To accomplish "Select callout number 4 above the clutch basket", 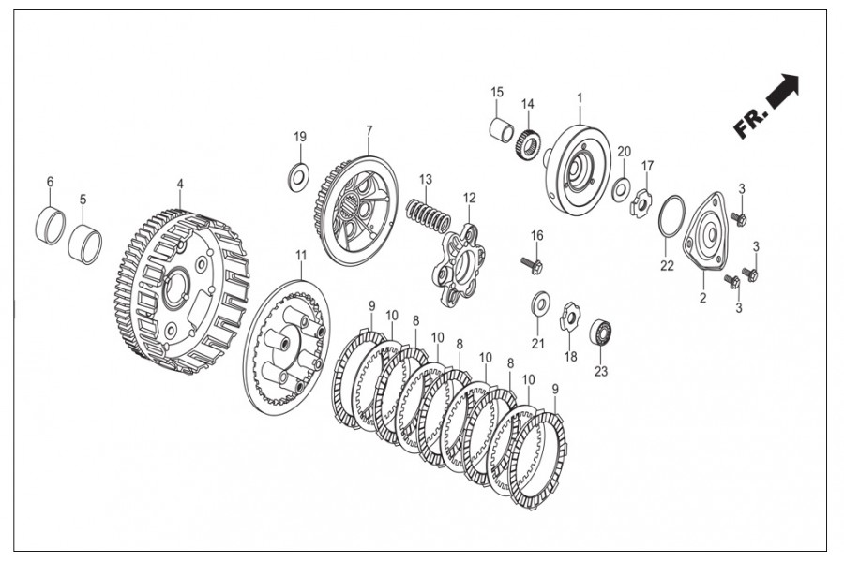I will point(180,186).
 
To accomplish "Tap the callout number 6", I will point(50,181).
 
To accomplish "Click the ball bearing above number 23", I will point(601,333).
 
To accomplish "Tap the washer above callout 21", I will point(540,303).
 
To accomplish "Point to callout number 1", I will point(580,97).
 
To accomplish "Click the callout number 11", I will point(300,255).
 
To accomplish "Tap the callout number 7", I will point(369,130).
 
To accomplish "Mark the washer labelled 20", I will point(621,190).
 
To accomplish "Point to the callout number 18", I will point(570,357).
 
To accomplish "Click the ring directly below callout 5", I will point(84,243).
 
